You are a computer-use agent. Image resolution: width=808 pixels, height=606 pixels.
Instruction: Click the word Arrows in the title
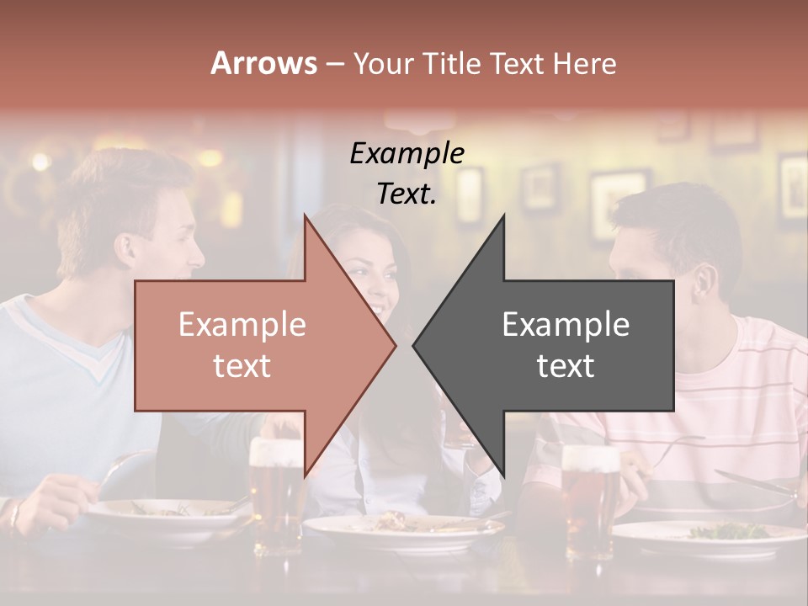pyautogui.click(x=263, y=63)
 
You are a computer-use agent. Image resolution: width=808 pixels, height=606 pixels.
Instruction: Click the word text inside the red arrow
pyautogui.click(x=242, y=366)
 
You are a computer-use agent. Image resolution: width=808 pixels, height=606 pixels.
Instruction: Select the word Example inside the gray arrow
pyautogui.click(x=566, y=325)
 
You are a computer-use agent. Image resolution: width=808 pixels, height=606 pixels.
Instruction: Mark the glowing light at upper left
pyautogui.click(x=40, y=162)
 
